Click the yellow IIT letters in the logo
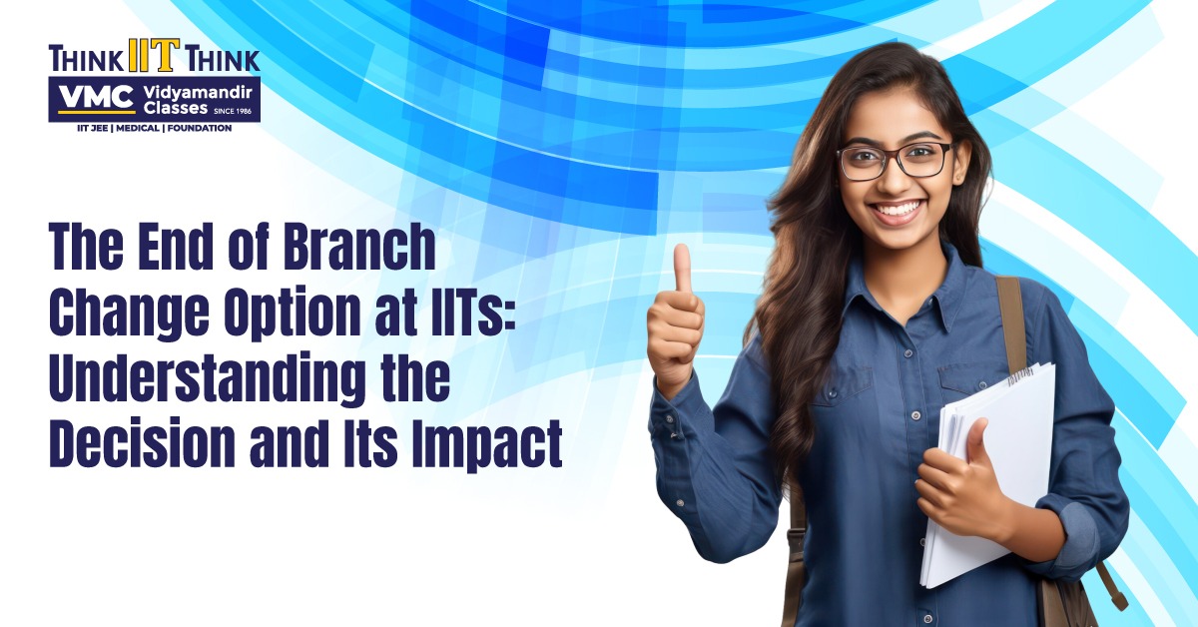point(154,56)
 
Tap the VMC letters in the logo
point(96,99)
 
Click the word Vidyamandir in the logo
point(198,94)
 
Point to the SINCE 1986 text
point(233,111)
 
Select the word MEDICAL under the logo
point(138,129)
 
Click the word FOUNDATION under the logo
point(200,129)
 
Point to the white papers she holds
point(989,471)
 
